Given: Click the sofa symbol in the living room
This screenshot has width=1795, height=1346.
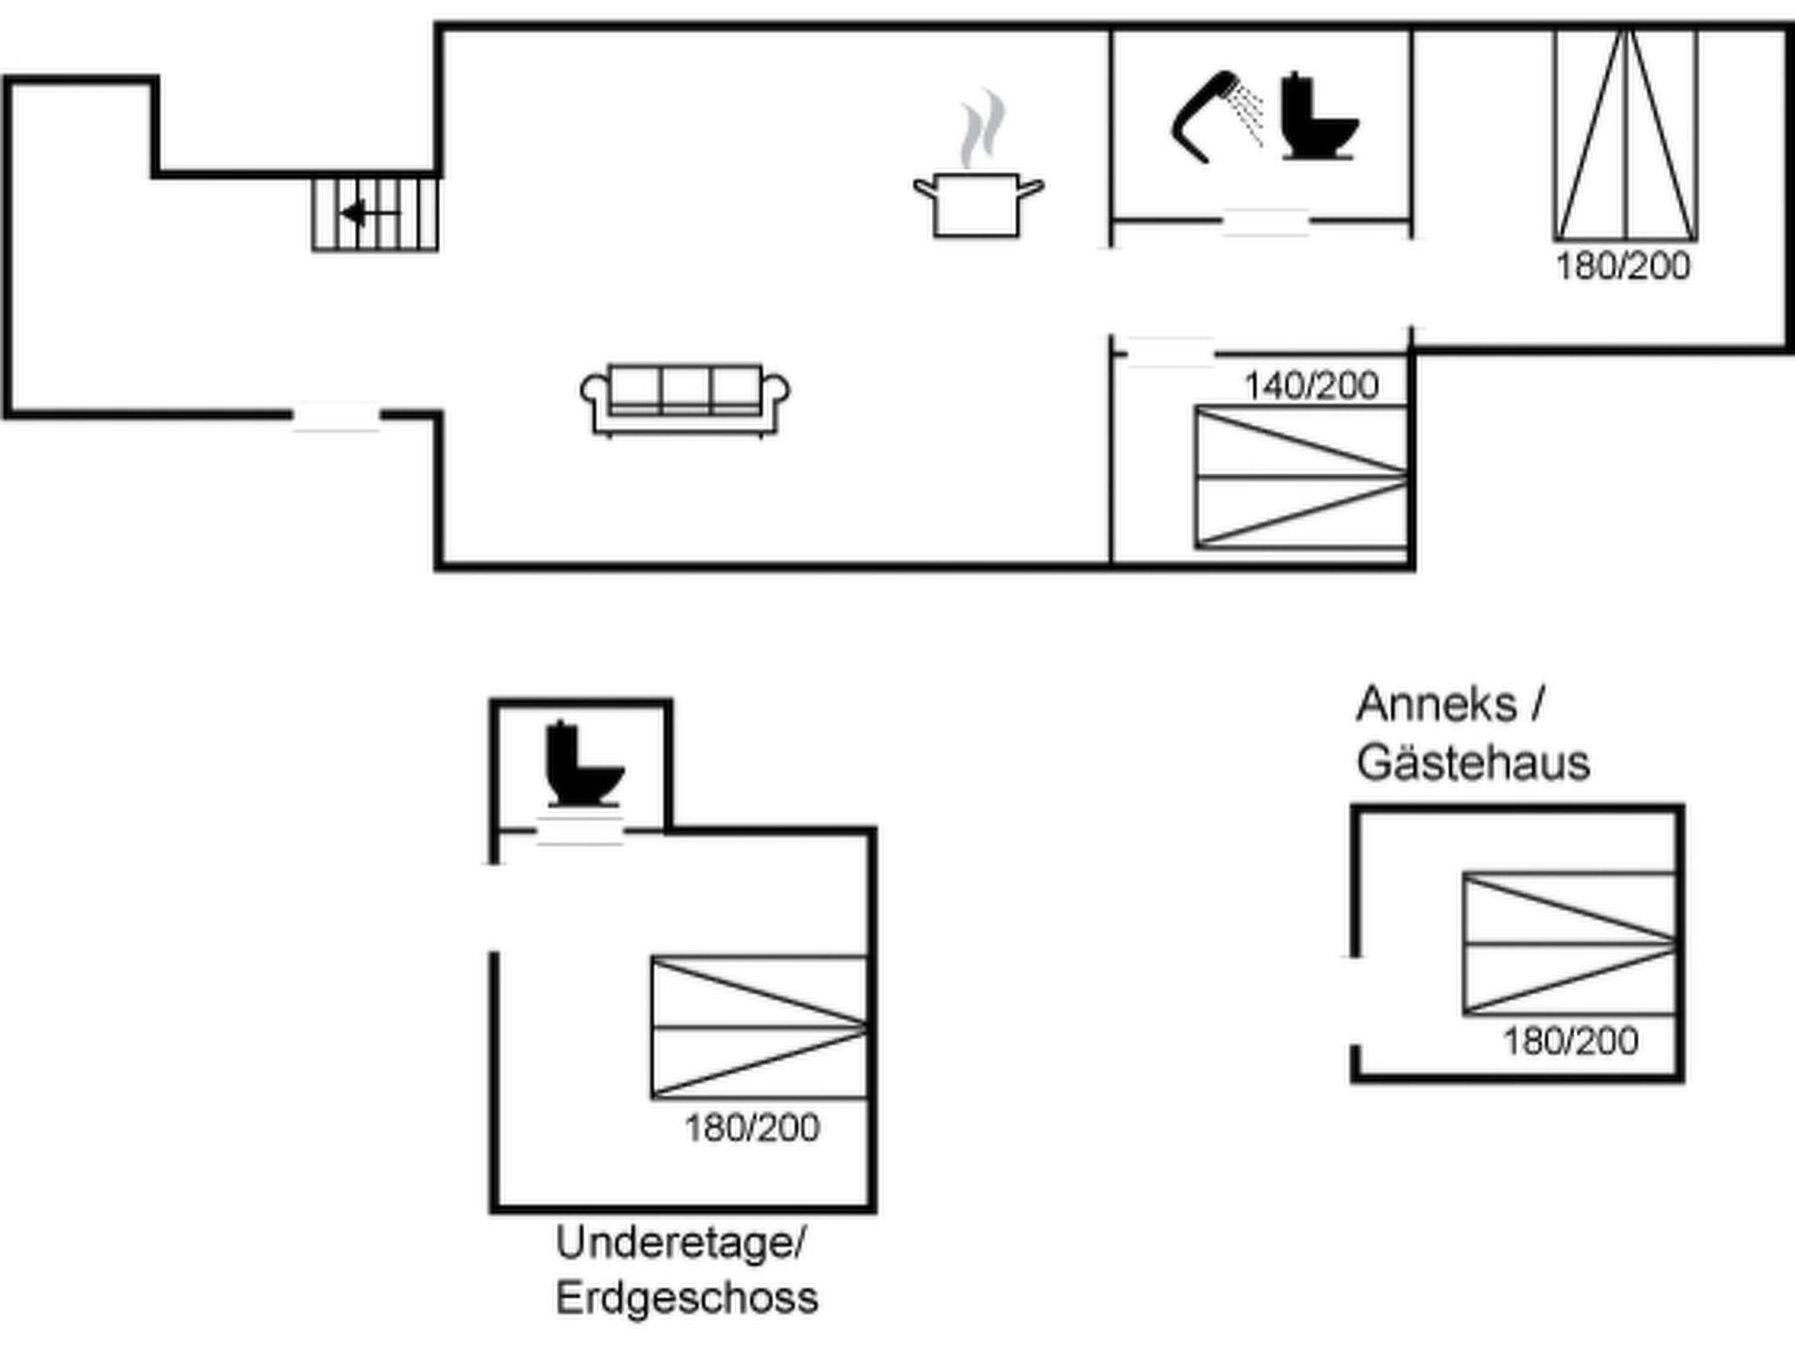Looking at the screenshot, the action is pos(685,400).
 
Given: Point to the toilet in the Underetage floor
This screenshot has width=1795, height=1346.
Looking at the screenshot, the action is pos(585,763).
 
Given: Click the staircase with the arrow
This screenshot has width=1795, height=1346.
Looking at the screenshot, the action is pos(375,214).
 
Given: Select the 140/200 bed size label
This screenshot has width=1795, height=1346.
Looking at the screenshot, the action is pos(1311,386).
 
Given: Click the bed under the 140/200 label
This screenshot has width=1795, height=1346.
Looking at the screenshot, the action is pos(1302,478).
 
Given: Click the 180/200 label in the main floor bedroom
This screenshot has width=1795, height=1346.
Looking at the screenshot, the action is pos(1623,266).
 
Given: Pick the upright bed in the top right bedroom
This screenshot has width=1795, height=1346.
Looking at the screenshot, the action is pos(1626,135).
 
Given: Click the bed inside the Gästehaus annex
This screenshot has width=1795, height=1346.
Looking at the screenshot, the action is pos(1570,944).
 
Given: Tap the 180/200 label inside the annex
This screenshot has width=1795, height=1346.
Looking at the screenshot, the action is pos(1571,1042).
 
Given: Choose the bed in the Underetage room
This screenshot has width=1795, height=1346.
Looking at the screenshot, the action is pos(759,1027).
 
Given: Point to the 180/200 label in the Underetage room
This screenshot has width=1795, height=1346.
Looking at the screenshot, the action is pos(752,1128).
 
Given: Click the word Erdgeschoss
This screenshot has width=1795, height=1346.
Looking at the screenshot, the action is pos(687,1298).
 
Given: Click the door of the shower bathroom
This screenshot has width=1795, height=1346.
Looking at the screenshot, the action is pos(1266,223).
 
